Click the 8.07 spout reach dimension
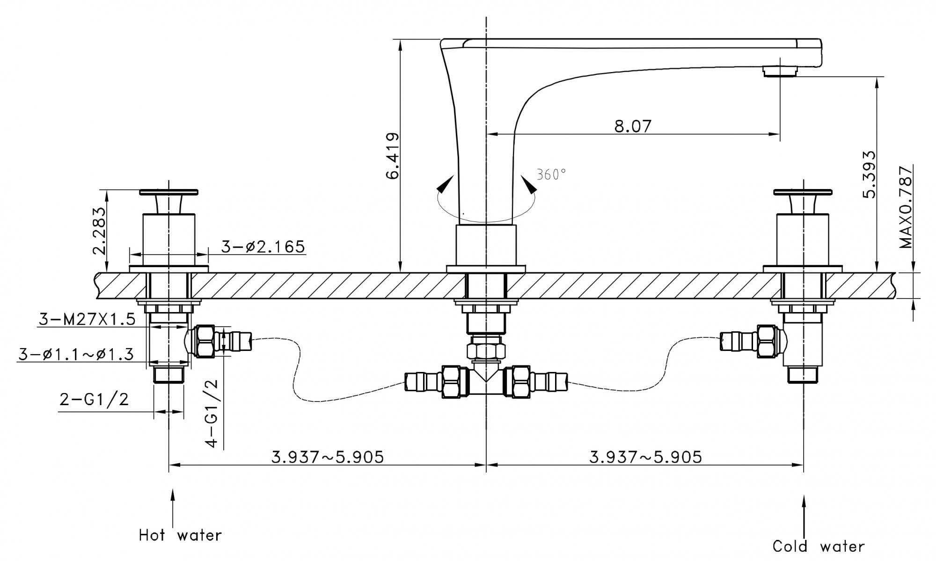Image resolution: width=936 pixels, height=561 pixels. [633, 126]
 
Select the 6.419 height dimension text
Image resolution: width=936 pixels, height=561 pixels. [393, 156]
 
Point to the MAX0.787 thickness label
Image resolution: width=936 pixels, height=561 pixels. [906, 207]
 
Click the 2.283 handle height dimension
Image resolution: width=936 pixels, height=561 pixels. [99, 230]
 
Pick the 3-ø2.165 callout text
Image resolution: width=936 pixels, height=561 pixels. [263, 247]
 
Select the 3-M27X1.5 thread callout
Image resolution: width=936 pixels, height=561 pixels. [87, 319]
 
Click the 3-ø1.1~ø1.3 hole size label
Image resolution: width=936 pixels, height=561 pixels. [76, 354]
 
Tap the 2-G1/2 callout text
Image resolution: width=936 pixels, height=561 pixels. [94, 399]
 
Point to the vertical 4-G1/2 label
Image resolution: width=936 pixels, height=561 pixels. [212, 413]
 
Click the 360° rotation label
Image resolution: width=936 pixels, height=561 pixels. [551, 175]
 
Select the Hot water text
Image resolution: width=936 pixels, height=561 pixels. [180, 535]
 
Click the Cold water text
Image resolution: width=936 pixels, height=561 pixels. [819, 546]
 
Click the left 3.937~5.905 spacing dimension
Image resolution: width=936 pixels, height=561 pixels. [328, 457]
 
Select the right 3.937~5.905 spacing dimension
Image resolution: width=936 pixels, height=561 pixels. [645, 457]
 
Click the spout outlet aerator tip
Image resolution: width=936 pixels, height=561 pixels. [780, 71]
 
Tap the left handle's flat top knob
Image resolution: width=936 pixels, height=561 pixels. [168, 191]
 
